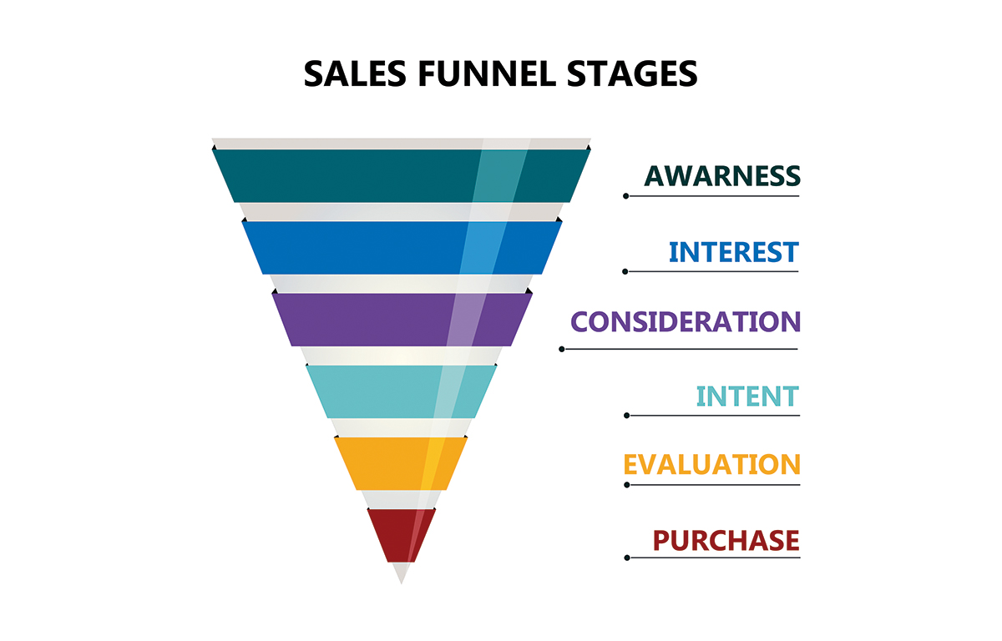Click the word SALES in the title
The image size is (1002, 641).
pos(355,73)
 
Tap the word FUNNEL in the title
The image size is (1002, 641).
pos(487,73)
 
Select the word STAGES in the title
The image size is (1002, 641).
pos(632,73)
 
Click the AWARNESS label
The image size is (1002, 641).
pos(722,175)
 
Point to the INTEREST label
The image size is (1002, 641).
pos(734,252)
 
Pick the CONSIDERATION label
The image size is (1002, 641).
pos(686,321)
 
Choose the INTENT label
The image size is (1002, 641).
pos(747,396)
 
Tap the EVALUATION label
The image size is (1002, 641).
pos(711,464)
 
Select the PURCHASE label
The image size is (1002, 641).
pos(726,540)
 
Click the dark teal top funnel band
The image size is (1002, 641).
pos(402,175)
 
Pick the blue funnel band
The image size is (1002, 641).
pos(402,248)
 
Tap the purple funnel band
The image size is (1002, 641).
pos(402,320)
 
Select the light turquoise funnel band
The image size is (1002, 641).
pos(402,391)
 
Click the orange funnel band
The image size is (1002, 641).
pos(402,463)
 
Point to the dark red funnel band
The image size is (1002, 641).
pos(402,536)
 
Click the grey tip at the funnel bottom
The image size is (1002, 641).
pos(402,572)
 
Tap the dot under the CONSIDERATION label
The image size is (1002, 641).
pos(562,349)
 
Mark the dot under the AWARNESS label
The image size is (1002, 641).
pos(625,196)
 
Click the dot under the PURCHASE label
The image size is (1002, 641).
pos(627,558)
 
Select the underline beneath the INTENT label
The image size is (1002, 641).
pos(713,416)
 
